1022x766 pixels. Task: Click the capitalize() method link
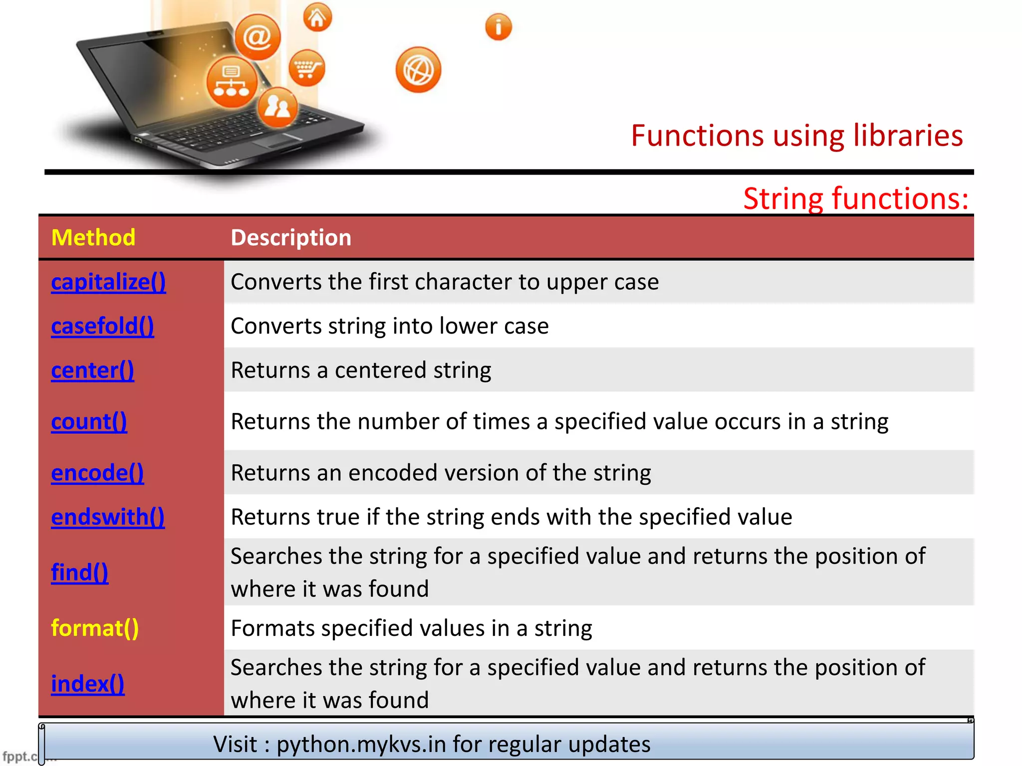(108, 282)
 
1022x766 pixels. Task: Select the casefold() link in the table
(102, 326)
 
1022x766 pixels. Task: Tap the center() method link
(92, 371)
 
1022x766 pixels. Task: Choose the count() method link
(89, 422)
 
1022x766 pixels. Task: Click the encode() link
(97, 473)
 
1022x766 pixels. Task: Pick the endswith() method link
(108, 517)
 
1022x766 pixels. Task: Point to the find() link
(79, 573)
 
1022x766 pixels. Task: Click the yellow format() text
(95, 628)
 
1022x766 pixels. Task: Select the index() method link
(87, 684)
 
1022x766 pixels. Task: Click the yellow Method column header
(93, 237)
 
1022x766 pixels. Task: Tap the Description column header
(291, 237)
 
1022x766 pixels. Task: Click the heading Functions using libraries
(796, 136)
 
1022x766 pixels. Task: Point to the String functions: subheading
(855, 198)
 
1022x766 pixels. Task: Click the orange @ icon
(257, 37)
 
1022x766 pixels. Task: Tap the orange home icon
(317, 17)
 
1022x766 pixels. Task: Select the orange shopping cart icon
(306, 68)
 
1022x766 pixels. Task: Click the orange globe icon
(418, 70)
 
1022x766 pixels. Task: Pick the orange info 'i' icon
(498, 27)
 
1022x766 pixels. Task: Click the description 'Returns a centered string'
(361, 371)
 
